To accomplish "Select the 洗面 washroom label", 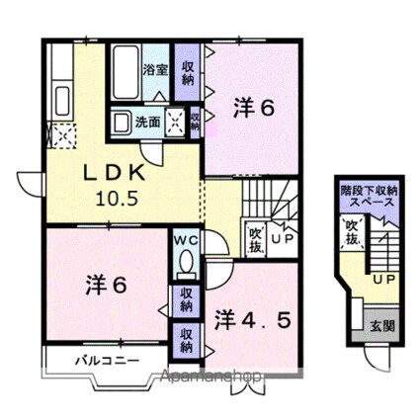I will [147, 123].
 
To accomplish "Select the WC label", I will [185, 240].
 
